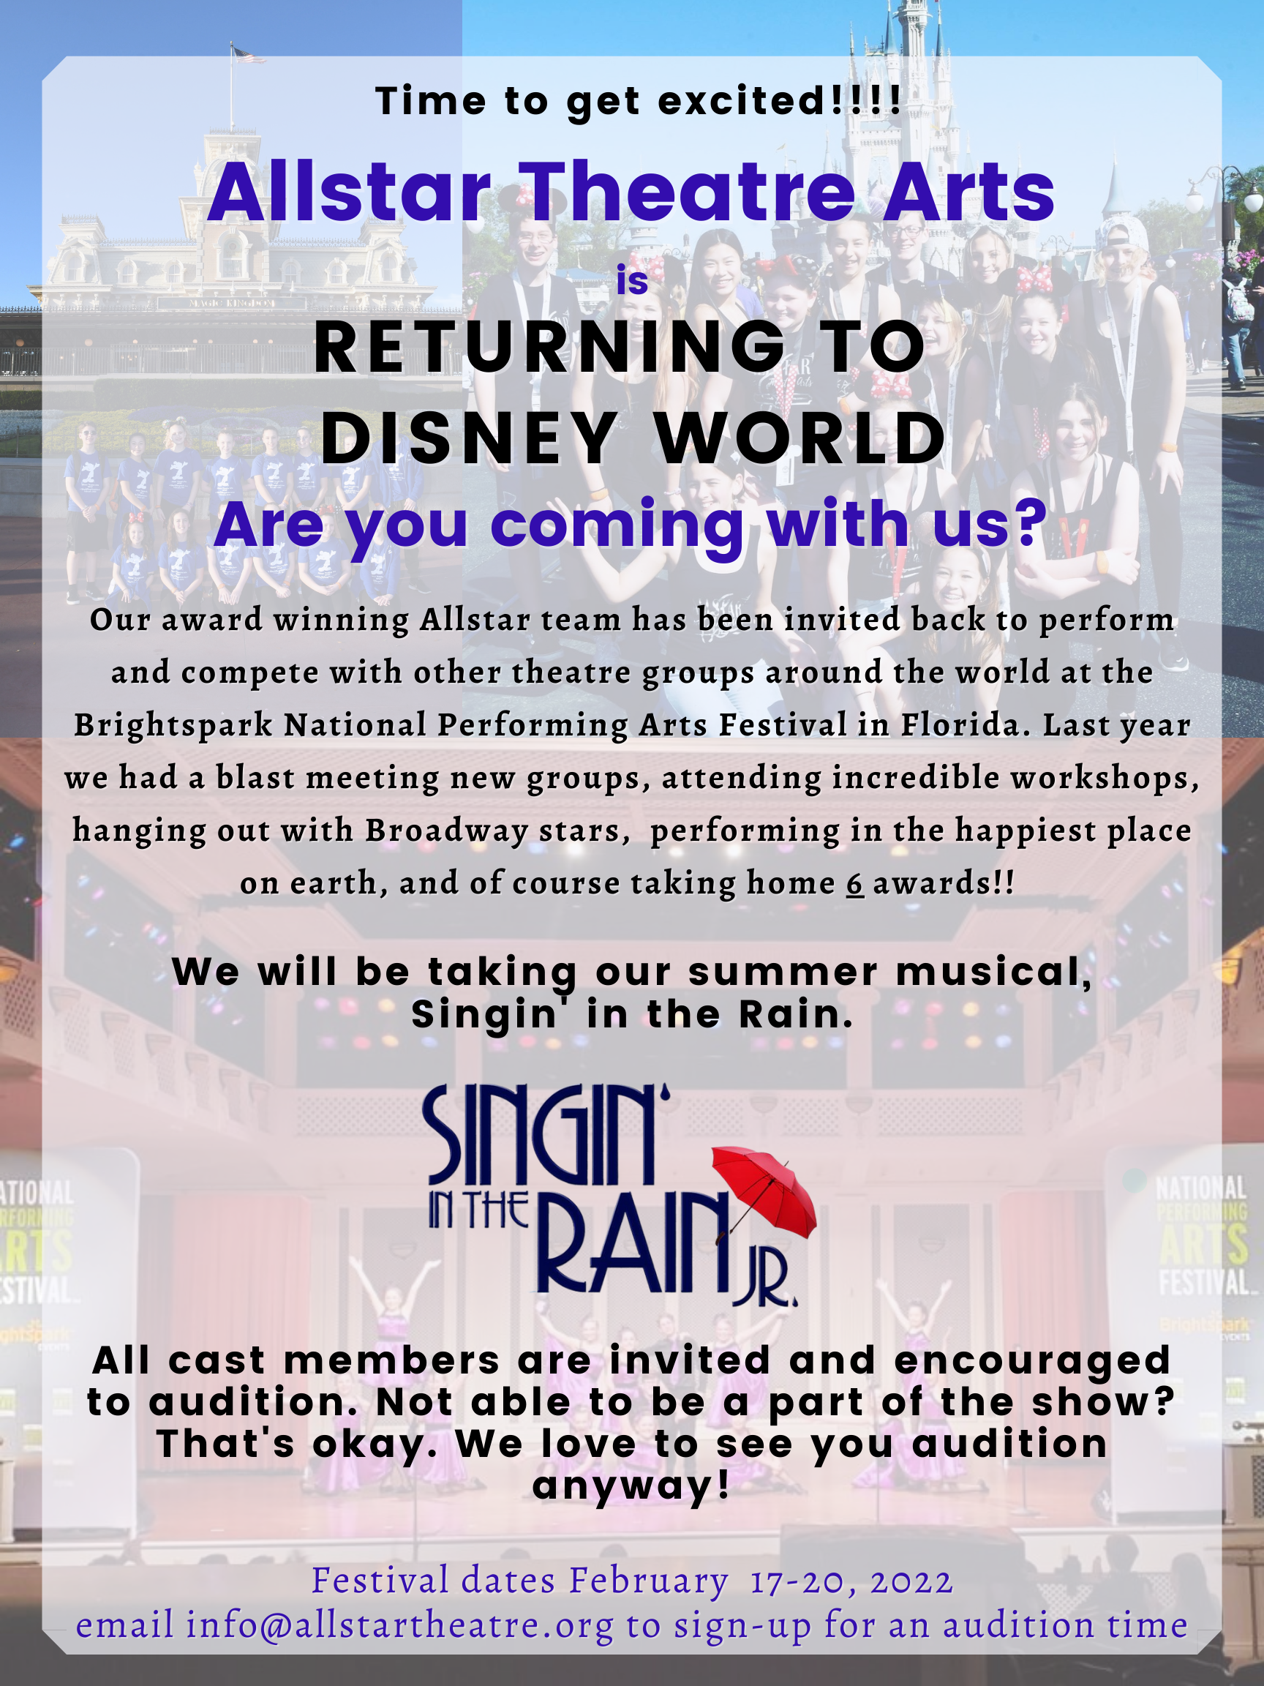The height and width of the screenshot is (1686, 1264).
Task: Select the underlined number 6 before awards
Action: click(x=855, y=883)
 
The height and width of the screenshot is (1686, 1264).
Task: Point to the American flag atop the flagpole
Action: click(x=249, y=54)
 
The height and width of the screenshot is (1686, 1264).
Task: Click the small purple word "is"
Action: click(x=633, y=280)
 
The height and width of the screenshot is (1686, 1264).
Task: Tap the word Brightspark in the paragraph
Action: click(x=173, y=725)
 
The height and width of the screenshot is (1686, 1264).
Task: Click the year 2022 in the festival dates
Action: click(x=912, y=1581)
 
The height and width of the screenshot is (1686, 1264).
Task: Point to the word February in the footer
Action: click(x=649, y=1581)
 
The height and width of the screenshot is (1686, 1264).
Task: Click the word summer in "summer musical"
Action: click(x=783, y=973)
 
